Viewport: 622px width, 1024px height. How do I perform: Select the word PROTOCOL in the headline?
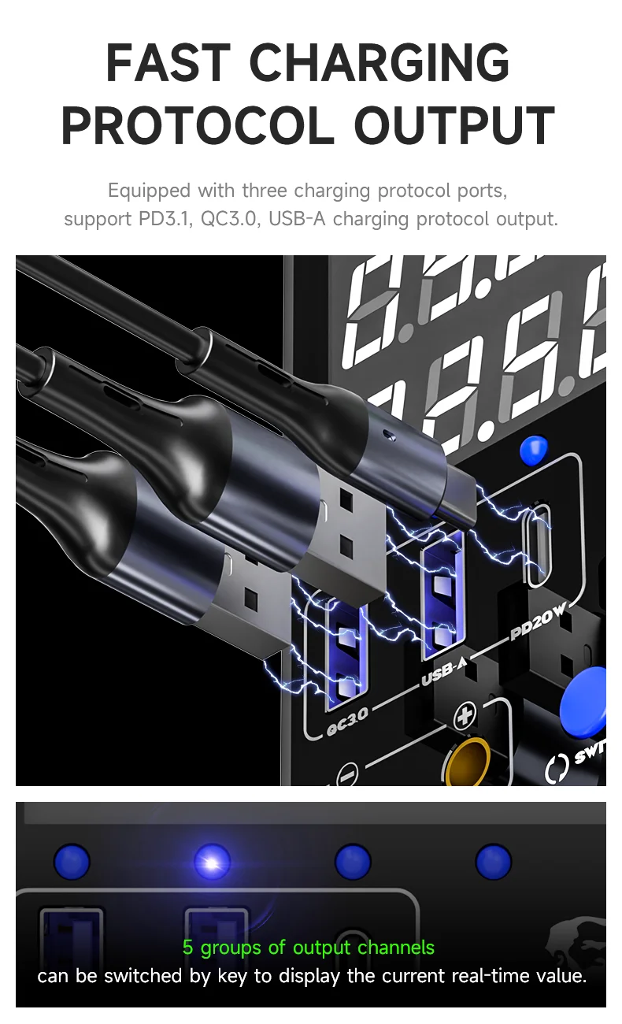click(x=198, y=124)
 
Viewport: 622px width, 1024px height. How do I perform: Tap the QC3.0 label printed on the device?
click(x=348, y=722)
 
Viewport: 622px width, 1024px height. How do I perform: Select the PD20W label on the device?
click(x=538, y=621)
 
